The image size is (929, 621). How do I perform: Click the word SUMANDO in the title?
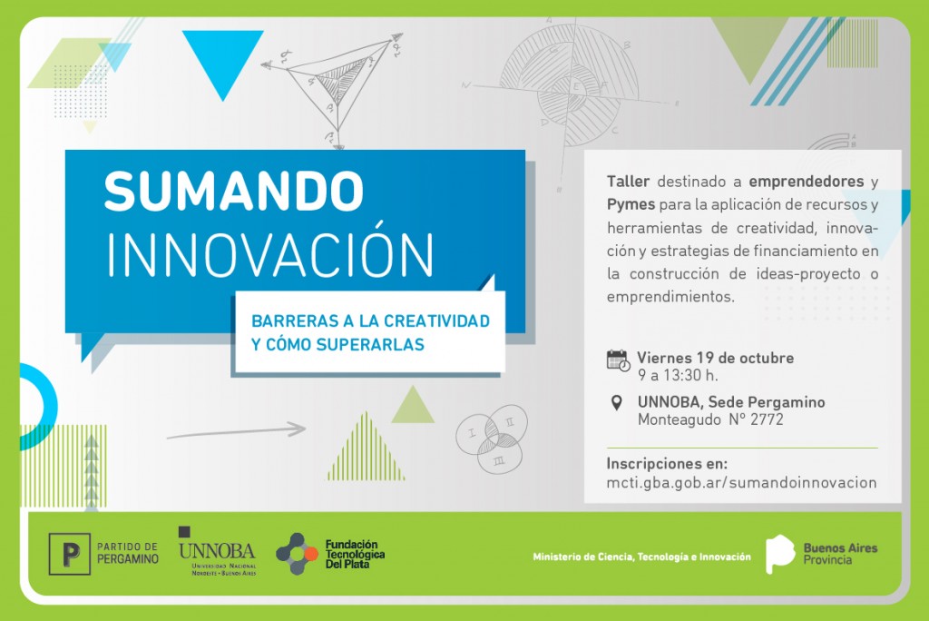tap(233, 191)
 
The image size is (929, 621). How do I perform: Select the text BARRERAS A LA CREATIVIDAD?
tap(370, 320)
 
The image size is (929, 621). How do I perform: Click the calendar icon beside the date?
tap(618, 360)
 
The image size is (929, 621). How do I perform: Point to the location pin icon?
tap(617, 403)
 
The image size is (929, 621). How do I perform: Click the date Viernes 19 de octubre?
tap(715, 358)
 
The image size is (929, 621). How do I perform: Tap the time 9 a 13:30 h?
tap(678, 376)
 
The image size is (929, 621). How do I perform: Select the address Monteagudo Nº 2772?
tap(710, 420)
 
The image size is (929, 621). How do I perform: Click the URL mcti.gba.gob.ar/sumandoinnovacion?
tap(741, 483)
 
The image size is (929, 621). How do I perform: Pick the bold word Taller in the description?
tap(628, 182)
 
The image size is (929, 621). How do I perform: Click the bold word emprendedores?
tap(806, 182)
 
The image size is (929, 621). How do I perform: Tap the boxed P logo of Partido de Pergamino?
tap(69, 554)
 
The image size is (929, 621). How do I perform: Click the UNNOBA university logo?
tap(217, 551)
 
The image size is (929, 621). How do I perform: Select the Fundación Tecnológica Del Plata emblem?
tap(297, 554)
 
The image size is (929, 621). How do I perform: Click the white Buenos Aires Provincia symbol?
tap(779, 554)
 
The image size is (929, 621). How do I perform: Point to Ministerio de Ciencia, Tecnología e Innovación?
tap(641, 557)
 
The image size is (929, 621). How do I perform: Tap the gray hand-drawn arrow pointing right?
tap(237, 431)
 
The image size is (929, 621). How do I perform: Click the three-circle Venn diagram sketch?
tap(492, 439)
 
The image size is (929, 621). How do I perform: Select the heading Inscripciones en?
tap(667, 463)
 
